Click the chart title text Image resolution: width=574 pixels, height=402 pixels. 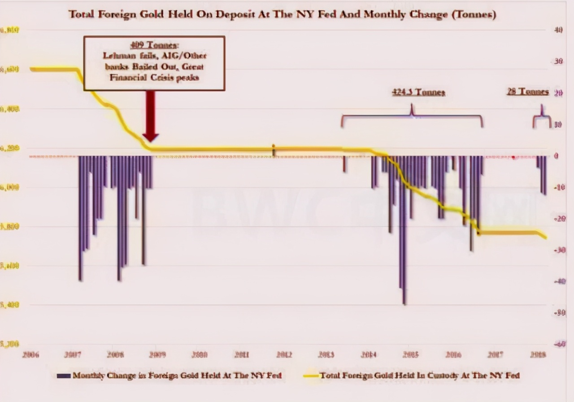click(x=282, y=14)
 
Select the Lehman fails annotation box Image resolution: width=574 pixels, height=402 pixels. click(x=154, y=63)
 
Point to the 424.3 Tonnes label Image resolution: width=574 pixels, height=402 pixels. click(x=418, y=92)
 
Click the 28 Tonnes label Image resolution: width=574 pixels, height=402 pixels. click(x=528, y=92)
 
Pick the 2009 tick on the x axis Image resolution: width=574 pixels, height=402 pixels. click(x=157, y=354)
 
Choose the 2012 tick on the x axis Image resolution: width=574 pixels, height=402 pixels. click(x=285, y=354)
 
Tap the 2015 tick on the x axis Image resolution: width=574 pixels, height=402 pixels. click(x=411, y=354)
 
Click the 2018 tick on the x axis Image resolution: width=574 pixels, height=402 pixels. click(x=538, y=354)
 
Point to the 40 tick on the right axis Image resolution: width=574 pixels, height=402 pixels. click(x=558, y=30)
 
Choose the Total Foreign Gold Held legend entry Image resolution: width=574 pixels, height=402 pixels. click(x=419, y=375)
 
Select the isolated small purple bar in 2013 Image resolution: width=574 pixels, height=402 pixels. click(x=344, y=164)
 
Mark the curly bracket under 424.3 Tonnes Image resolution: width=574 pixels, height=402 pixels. click(x=412, y=116)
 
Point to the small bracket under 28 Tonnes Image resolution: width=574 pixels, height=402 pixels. click(x=542, y=119)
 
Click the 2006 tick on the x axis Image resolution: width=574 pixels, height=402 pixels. click(x=30, y=354)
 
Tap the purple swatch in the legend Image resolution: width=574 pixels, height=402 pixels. click(x=64, y=376)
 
